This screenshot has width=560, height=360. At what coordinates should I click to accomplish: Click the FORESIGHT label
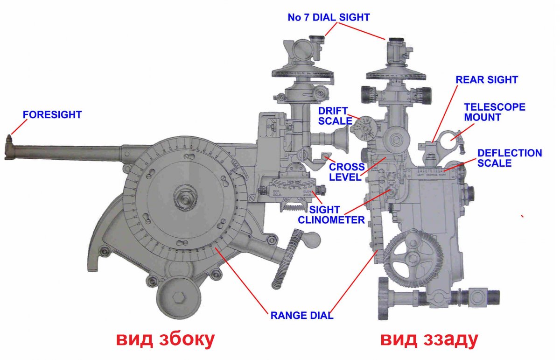[53, 114]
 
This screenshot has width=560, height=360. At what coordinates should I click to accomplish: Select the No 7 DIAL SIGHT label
[329, 17]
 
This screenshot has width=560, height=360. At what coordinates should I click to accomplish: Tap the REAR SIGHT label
[487, 80]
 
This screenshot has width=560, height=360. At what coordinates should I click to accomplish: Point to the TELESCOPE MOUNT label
[495, 112]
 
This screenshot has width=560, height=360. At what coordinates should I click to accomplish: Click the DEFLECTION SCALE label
[510, 158]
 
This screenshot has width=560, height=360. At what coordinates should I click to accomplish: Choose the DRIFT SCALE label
[333, 115]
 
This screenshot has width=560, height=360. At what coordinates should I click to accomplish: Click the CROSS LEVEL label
[347, 171]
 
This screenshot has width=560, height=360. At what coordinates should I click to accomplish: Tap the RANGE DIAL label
[302, 315]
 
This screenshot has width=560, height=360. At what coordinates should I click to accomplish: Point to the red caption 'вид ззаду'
[429, 339]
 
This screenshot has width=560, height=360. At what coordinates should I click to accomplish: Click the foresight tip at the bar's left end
[9, 140]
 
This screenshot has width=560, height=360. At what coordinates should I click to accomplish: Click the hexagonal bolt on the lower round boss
[179, 297]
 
